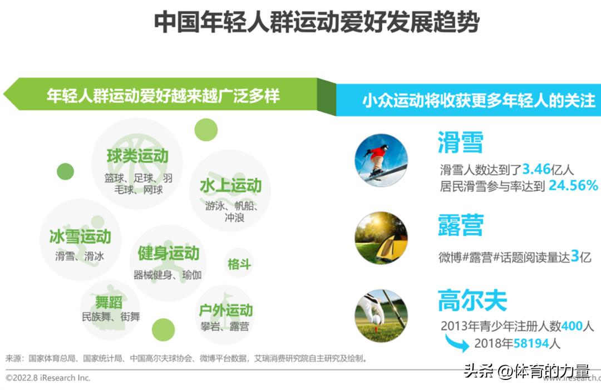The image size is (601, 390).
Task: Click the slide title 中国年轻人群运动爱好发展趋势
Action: tap(316, 23)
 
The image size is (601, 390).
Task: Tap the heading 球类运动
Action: tap(137, 156)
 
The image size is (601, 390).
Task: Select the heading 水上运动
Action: tap(230, 186)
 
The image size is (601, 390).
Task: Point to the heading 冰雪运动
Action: tap(80, 237)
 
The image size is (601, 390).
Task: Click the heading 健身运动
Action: tap(168, 254)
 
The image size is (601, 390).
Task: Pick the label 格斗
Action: tap(239, 264)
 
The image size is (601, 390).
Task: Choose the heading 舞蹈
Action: tap(109, 303)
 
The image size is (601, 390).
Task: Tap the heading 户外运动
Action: tap(226, 310)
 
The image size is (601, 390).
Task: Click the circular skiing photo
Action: tap(381, 160)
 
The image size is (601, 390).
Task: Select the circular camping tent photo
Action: tap(381, 238)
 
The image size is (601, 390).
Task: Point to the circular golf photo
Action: tap(381, 315)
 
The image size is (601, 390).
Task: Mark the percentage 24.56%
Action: tap(573, 185)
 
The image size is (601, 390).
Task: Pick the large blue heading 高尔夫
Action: tap(472, 301)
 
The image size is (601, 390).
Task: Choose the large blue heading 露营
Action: tap(460, 224)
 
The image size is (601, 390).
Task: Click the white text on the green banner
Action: tap(162, 96)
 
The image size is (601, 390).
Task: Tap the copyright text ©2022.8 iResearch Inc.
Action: tap(48, 378)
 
